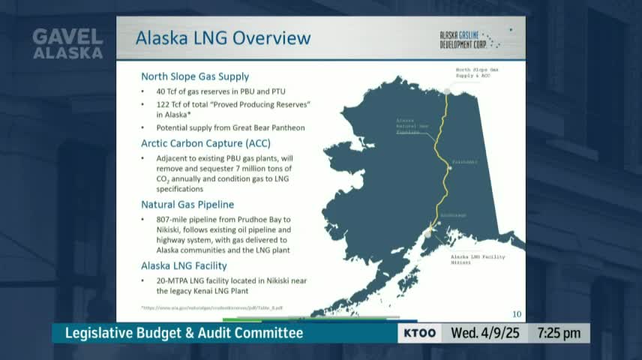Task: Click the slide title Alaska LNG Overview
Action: click(223, 37)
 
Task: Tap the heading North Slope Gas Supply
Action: click(195, 76)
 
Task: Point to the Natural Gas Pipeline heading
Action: click(187, 204)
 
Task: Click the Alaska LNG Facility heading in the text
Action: click(184, 265)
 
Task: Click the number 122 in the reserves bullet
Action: click(164, 103)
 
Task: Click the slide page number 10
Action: click(516, 313)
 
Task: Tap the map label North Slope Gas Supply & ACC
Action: click(477, 73)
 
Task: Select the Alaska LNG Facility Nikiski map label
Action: click(477, 259)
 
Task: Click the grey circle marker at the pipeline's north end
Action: click(448, 91)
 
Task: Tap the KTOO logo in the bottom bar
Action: click(419, 333)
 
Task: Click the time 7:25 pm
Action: click(559, 333)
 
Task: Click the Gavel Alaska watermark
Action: click(67, 44)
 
